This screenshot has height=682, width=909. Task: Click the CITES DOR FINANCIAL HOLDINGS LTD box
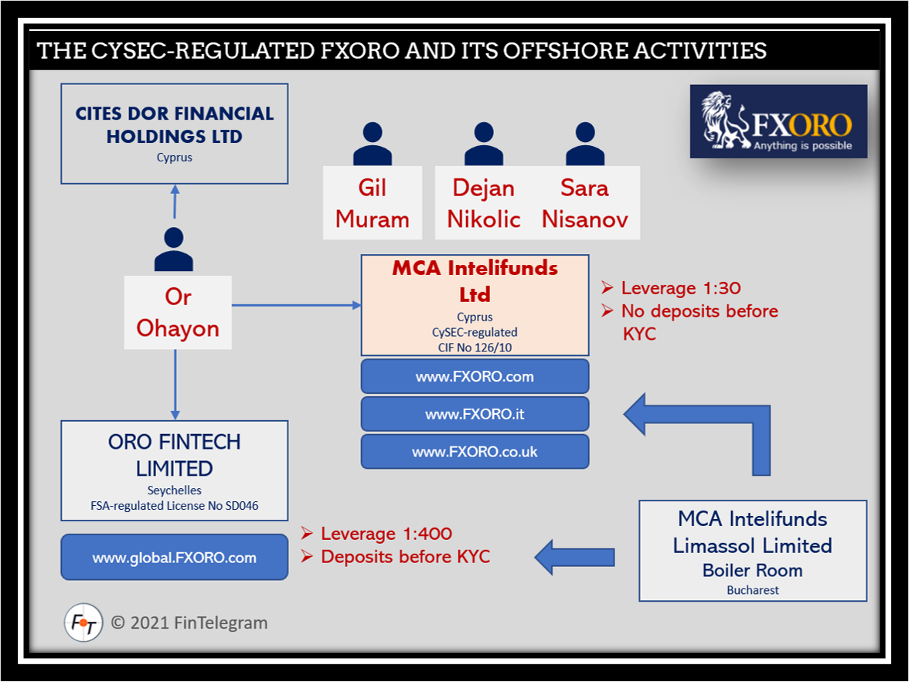175,134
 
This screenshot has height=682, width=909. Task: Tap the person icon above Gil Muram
373,144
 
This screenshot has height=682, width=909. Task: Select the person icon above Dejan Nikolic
485,144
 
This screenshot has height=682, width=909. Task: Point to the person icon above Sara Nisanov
584,144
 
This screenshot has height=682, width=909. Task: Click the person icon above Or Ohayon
174,249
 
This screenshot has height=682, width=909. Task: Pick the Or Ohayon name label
178,312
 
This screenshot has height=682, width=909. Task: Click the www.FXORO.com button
475,377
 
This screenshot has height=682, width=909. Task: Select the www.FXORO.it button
475,414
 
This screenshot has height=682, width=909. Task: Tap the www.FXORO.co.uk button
475,452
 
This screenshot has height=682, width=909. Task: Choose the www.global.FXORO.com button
175,557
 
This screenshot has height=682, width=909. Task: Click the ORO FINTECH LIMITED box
175,470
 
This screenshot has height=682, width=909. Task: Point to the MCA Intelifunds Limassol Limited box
752,550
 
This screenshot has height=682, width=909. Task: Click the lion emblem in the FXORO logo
724,120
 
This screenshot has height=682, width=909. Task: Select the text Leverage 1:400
386,534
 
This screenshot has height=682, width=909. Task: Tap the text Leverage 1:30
680,289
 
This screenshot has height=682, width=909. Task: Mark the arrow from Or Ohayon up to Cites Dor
175,202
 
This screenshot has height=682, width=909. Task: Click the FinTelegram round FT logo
83,623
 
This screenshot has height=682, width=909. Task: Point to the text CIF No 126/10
475,347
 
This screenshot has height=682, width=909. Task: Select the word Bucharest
752,590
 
